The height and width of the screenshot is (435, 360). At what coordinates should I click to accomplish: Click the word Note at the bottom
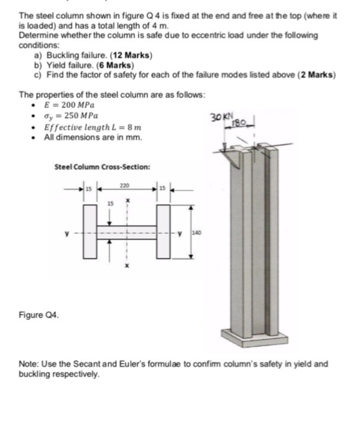(x=30, y=364)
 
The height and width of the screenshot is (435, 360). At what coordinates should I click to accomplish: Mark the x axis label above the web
(x=126, y=201)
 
